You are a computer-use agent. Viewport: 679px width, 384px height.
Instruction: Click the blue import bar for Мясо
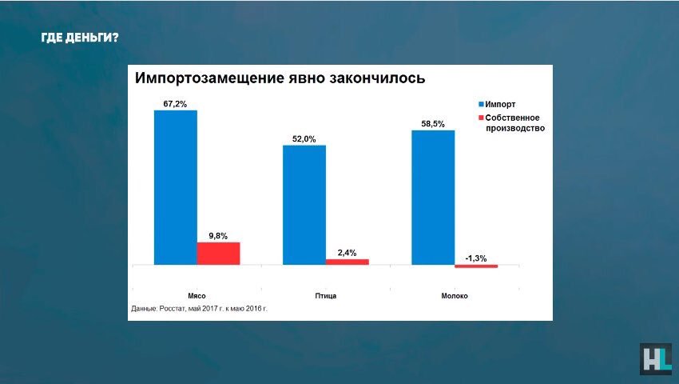176,186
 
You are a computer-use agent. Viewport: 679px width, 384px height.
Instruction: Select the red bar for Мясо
218,253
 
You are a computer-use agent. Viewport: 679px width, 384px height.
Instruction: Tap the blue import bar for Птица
304,204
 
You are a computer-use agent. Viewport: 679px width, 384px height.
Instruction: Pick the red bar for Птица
347,262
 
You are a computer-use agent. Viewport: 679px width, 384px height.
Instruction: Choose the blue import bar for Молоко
433,197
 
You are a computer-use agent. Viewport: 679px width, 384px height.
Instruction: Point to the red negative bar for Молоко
476,266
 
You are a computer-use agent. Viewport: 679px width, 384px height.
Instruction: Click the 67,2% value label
175,104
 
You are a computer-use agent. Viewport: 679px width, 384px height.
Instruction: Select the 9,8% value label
218,236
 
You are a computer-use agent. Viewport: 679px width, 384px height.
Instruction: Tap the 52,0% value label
304,139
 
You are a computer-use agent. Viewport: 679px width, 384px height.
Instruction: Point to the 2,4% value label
347,253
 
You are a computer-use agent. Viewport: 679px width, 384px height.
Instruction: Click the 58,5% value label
433,124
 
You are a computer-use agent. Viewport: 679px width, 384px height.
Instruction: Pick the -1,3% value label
475,258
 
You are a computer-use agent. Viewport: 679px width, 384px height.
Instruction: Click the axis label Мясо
197,296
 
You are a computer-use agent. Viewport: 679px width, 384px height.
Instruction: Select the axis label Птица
326,296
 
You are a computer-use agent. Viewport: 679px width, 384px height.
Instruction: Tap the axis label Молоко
455,296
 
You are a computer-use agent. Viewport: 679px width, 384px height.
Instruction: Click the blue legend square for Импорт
482,105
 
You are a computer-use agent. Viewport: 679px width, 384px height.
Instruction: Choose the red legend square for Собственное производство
482,118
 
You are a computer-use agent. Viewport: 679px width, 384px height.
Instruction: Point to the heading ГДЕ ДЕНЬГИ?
80,37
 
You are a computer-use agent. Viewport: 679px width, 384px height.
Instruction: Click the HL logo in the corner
655,359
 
